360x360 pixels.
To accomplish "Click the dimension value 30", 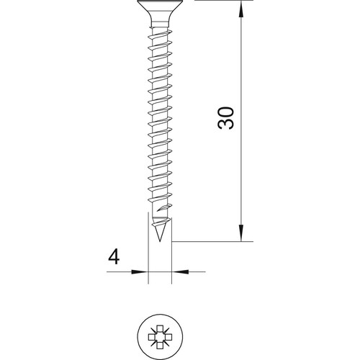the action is pos(225,118).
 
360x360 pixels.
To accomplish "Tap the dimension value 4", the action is pos(114,256).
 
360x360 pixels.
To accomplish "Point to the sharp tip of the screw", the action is pos(160,241).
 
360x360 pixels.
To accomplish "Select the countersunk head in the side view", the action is pos(160,11).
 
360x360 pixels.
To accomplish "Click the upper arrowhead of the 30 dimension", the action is pos(241,10).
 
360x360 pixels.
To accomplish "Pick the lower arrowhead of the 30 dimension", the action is pos(241,233).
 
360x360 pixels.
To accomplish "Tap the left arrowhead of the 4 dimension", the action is pos(140,271).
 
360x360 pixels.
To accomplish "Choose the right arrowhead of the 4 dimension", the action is pos(181,271).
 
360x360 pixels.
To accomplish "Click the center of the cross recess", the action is pos(160,337).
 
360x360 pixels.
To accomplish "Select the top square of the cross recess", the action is pos(160,328).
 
